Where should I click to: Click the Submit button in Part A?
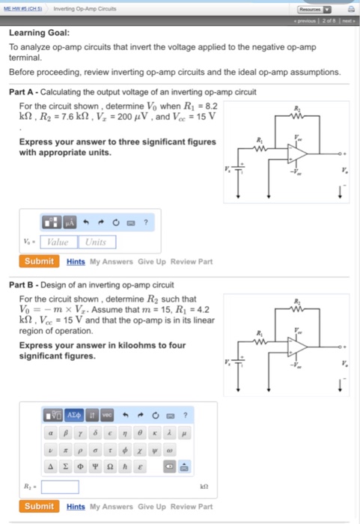[x=40, y=261]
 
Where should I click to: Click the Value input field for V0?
[x=58, y=242]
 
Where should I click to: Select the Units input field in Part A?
[x=96, y=242]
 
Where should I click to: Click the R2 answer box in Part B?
[x=60, y=487]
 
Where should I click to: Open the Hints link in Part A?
[x=76, y=262]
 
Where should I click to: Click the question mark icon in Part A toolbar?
[x=146, y=222]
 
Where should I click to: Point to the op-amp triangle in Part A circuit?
[x=297, y=152]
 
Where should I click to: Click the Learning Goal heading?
[x=40, y=33]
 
